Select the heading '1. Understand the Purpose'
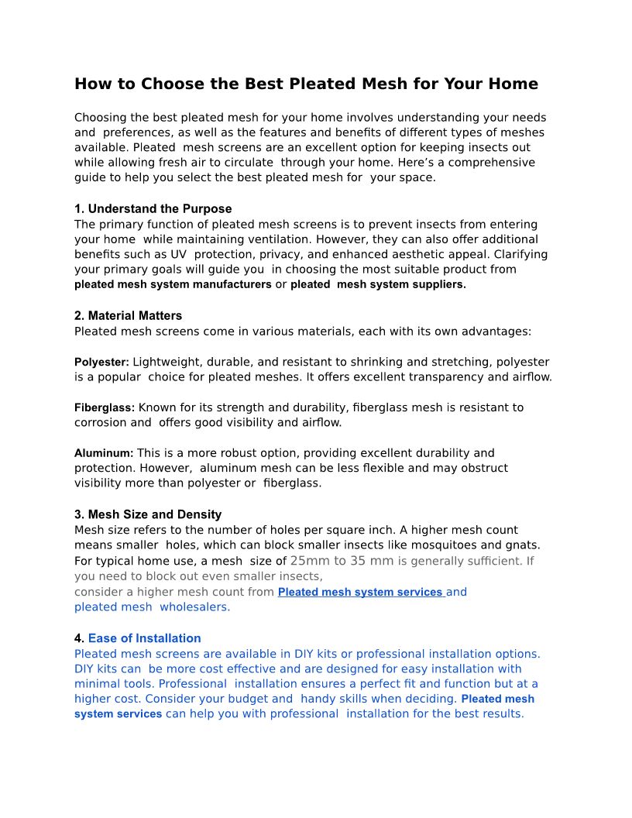tap(153, 209)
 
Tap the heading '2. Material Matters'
tap(128, 316)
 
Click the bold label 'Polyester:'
tap(101, 363)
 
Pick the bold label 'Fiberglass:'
tap(105, 407)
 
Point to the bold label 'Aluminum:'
tap(104, 453)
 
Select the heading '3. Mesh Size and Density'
tap(148, 514)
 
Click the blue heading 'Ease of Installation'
tap(144, 638)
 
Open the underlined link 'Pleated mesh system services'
tap(360, 593)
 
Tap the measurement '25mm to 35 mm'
tap(342, 561)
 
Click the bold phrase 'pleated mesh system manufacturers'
tap(173, 284)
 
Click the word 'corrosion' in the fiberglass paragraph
tap(100, 423)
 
